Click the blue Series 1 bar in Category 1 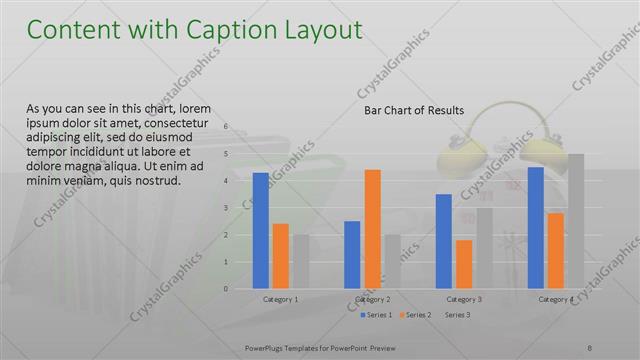pyautogui.click(x=260, y=230)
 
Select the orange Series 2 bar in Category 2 pyautogui.click(x=372, y=229)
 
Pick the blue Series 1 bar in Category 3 pyautogui.click(x=443, y=241)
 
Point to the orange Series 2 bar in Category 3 pyautogui.click(x=464, y=264)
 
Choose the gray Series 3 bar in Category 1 pyautogui.click(x=301, y=261)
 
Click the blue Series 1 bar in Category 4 pyautogui.click(x=535, y=227)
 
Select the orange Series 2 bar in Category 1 pyautogui.click(x=280, y=256)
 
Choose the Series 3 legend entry pyautogui.click(x=457, y=315)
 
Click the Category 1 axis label pyautogui.click(x=280, y=299)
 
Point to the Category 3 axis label pyautogui.click(x=464, y=299)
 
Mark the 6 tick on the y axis pyautogui.click(x=226, y=127)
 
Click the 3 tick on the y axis pyautogui.click(x=226, y=208)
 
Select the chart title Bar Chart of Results pyautogui.click(x=413, y=110)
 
